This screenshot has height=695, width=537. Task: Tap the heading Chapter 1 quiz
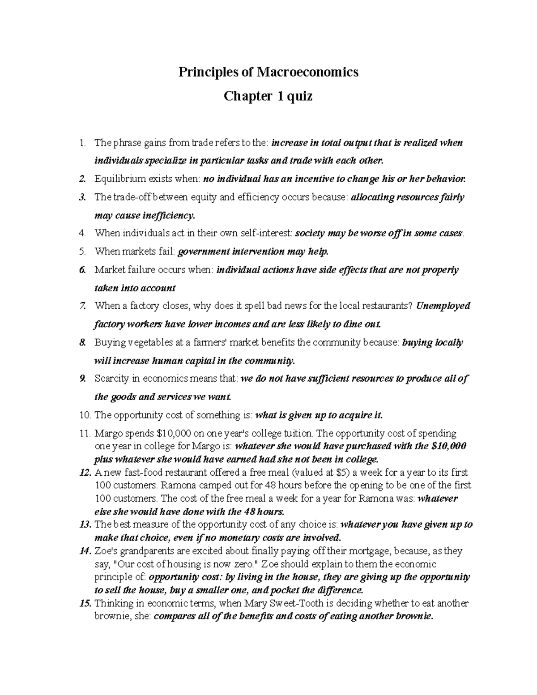click(x=268, y=96)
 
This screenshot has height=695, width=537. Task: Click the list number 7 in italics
click(x=81, y=306)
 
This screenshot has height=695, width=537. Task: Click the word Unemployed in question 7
click(x=443, y=306)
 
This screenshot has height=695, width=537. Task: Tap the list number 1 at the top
click(x=81, y=143)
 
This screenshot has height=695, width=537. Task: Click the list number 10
click(x=85, y=415)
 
